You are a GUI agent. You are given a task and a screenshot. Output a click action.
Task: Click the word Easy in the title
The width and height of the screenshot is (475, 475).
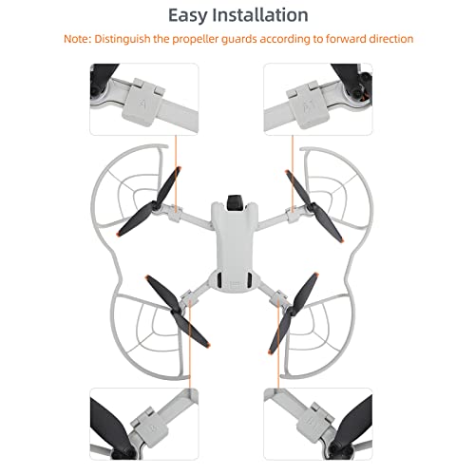(187, 15)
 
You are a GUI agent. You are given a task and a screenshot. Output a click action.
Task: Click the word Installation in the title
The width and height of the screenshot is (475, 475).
(260, 15)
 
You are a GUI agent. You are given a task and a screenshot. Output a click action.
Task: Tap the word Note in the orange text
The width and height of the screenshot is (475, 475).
(76, 39)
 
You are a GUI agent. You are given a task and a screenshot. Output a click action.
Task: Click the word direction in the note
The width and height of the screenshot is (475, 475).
(391, 39)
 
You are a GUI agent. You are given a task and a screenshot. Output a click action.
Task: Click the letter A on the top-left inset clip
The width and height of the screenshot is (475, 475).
(142, 104)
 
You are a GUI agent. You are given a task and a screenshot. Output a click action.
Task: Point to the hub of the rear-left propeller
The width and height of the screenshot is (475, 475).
(176, 312)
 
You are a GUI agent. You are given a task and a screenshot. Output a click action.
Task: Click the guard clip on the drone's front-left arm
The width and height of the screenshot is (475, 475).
(175, 212)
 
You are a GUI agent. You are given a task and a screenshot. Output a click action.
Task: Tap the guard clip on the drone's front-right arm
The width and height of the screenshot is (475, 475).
(293, 215)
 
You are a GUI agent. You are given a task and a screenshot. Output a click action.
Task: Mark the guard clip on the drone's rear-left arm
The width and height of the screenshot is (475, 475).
(187, 297)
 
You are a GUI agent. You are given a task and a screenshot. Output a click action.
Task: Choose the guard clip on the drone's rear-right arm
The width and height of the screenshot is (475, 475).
(279, 297)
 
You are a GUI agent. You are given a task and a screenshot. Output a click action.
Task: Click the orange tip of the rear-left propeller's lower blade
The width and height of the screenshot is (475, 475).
(206, 345)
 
